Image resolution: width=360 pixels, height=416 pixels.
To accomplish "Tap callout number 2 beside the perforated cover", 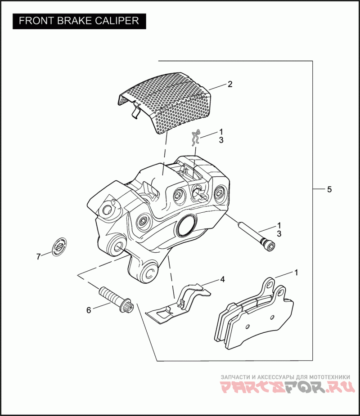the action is pyautogui.click(x=229, y=84).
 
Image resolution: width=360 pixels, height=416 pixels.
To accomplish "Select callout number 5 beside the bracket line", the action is pyautogui.click(x=329, y=189).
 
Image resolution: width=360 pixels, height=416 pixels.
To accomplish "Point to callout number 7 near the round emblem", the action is pyautogui.click(x=38, y=257).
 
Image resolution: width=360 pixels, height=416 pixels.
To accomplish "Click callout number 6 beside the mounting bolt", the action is pyautogui.click(x=89, y=310).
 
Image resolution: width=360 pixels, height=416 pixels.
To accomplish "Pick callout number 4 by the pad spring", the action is pyautogui.click(x=222, y=279).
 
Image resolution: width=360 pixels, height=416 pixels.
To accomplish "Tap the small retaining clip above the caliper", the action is pyautogui.click(x=195, y=138).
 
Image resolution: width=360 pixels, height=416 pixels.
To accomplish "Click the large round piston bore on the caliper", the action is pyautogui.click(x=185, y=225).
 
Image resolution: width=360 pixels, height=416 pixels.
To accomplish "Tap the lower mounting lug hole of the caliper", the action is pyautogui.click(x=148, y=273).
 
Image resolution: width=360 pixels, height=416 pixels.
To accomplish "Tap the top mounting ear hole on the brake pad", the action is pyautogui.click(x=269, y=283).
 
